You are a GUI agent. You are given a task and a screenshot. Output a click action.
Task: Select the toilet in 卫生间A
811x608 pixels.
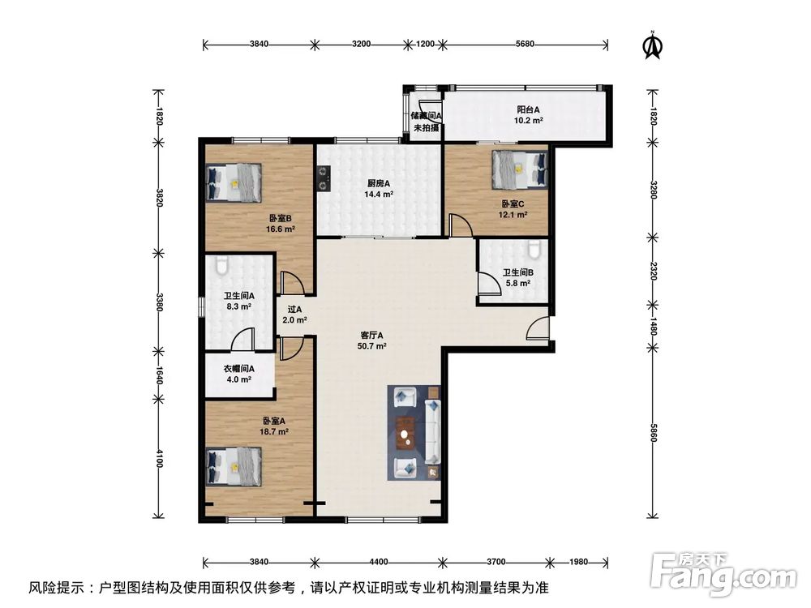pos(224,264)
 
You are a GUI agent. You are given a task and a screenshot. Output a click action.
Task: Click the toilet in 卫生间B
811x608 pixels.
pos(532,248)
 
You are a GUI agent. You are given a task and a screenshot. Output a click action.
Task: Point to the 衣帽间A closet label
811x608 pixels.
pos(239,368)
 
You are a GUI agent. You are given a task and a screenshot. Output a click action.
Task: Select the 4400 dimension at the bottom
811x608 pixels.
pos(379,561)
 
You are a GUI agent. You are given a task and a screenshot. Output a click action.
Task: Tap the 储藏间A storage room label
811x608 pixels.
pos(426,117)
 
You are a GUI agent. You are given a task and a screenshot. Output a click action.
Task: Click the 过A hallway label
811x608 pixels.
pos(294,309)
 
